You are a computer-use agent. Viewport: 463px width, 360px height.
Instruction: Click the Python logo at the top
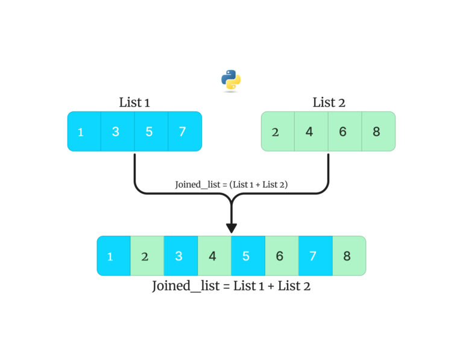[x=231, y=80]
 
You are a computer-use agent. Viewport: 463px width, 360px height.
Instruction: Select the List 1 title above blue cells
[x=134, y=103]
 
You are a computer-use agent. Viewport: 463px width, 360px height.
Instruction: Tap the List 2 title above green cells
[x=329, y=103]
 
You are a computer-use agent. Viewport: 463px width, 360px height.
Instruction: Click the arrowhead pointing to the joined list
[x=231, y=228]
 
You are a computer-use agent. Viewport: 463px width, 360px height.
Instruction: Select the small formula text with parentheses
[x=231, y=185]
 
